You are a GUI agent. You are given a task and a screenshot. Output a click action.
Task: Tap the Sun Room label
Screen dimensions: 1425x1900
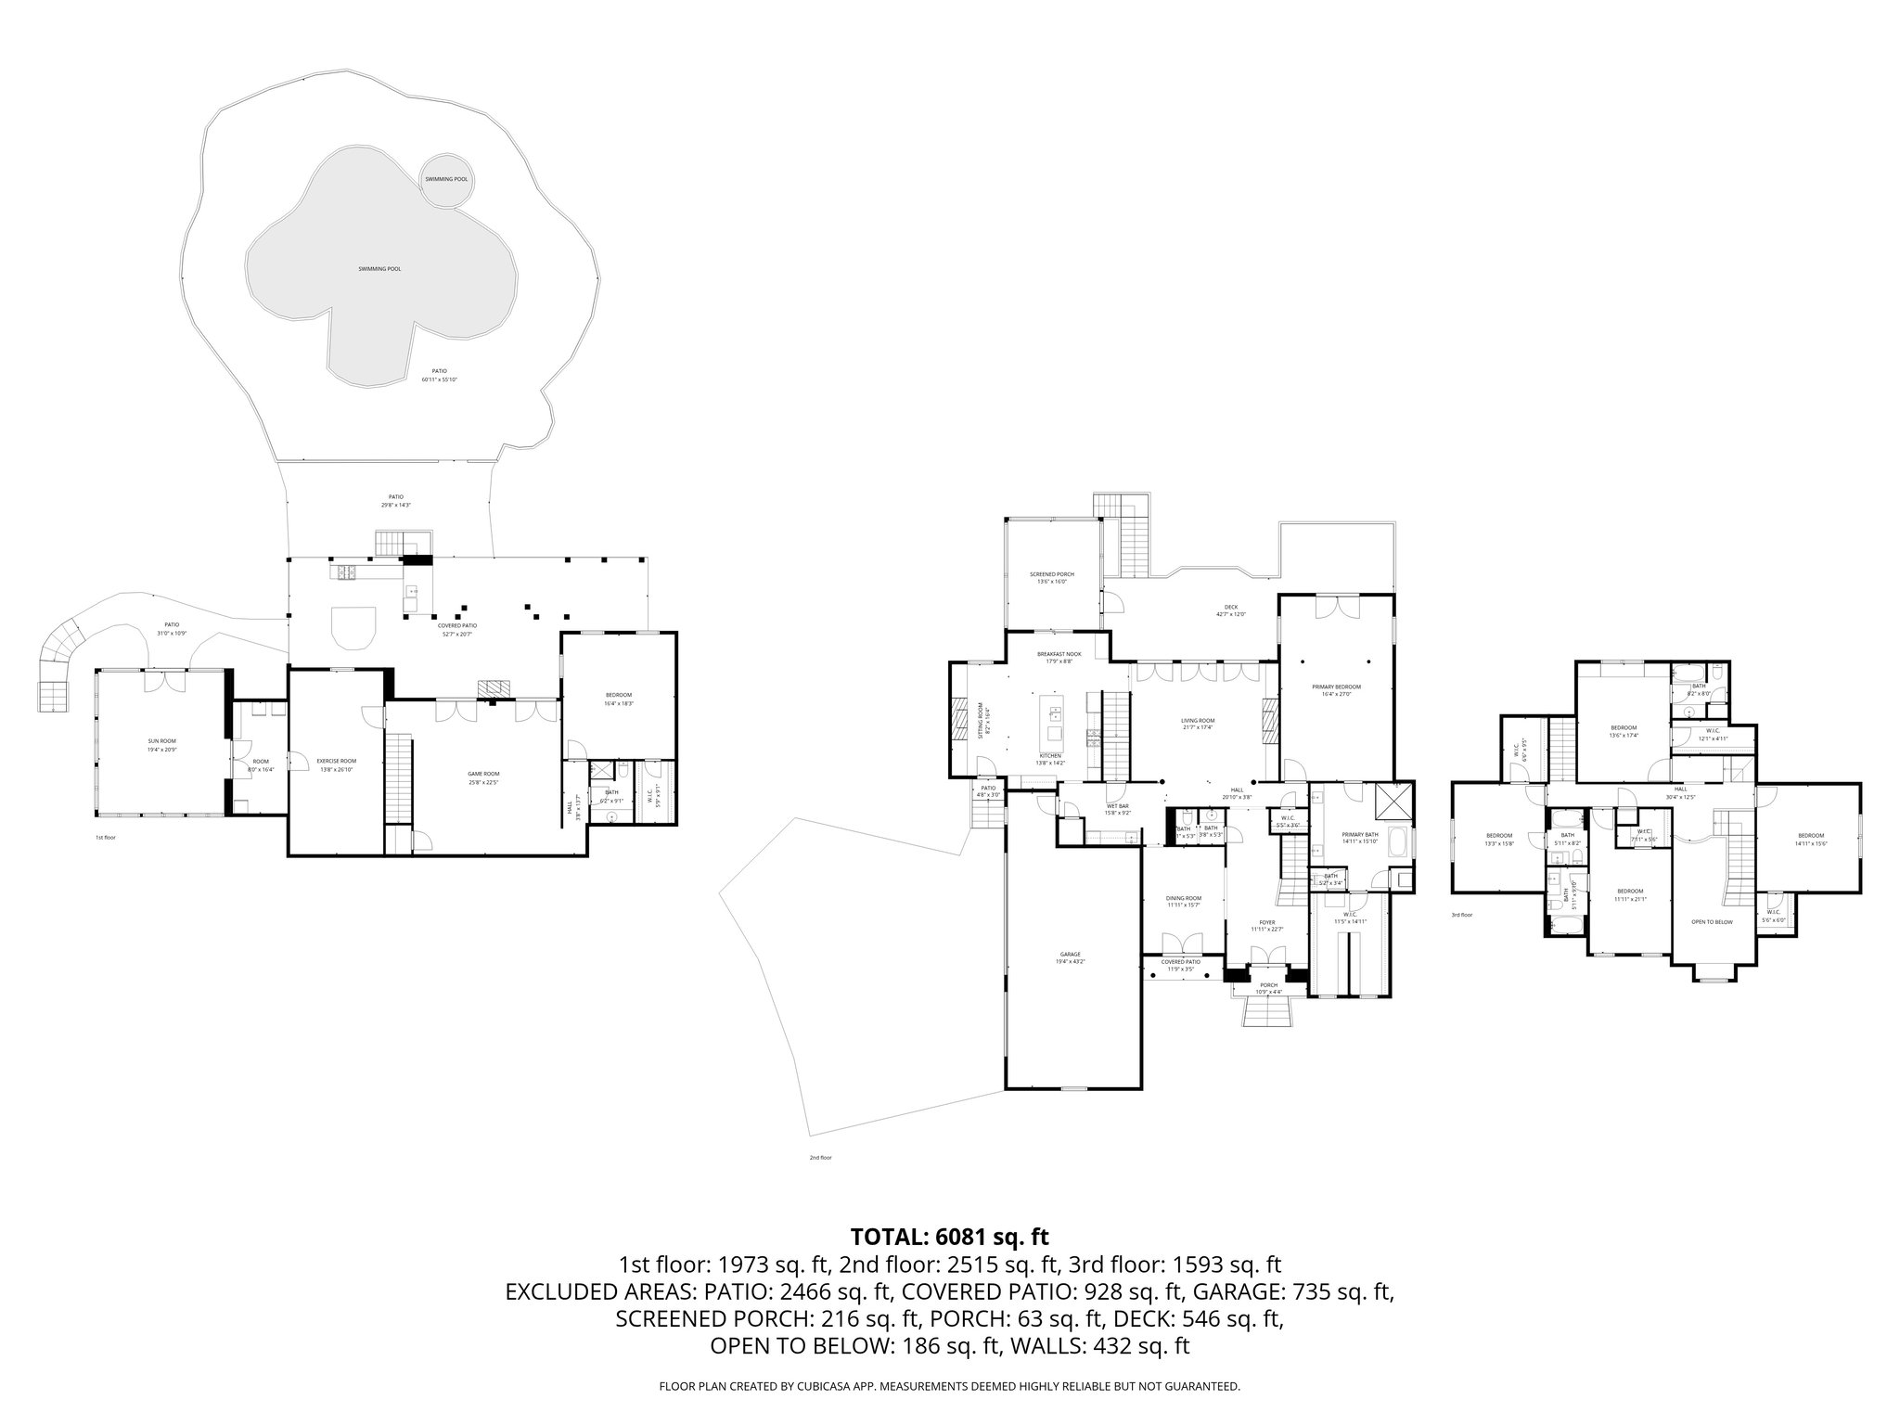161,742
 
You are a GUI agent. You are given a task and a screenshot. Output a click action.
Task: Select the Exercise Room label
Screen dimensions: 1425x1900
337,762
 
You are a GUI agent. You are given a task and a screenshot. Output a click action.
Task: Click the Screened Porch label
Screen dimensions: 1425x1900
1051,575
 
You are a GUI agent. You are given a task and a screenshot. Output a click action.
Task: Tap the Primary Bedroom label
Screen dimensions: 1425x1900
1336,687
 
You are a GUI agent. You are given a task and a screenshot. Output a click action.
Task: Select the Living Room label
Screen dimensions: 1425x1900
1198,722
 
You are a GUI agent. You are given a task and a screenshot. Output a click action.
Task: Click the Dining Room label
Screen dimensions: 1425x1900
1184,899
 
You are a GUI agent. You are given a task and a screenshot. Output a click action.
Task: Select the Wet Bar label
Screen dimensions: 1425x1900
1116,807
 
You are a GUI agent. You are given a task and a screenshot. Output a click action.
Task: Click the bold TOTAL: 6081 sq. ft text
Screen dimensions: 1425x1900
949,1237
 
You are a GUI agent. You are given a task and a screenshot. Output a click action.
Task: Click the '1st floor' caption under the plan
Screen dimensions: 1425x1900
105,838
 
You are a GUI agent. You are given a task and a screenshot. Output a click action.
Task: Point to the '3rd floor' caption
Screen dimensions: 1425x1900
1461,915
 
